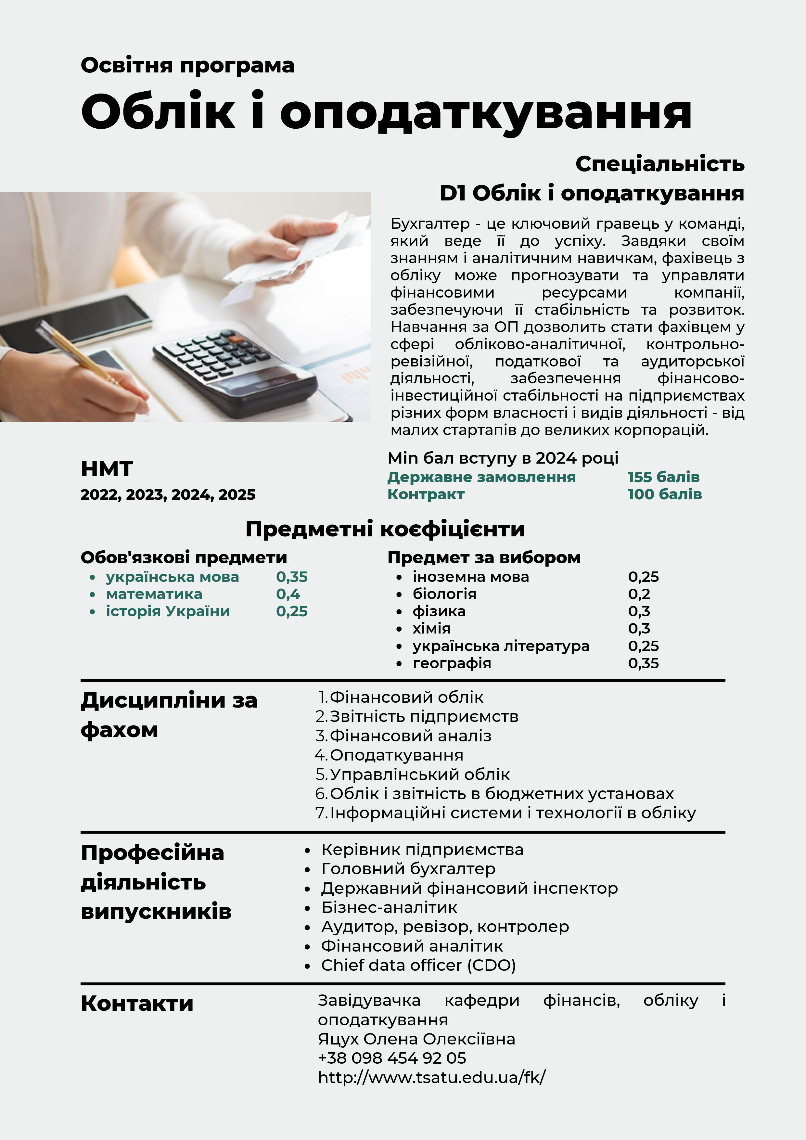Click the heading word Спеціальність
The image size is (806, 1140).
click(x=659, y=164)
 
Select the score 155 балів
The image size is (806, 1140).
click(x=663, y=477)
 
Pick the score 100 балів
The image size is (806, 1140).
click(x=664, y=494)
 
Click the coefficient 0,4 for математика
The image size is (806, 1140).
click(x=288, y=594)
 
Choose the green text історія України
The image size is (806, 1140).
click(x=168, y=611)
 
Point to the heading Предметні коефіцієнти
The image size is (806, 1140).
click(x=385, y=529)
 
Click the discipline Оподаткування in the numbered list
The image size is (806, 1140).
click(x=396, y=755)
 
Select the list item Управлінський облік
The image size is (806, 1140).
click(x=420, y=775)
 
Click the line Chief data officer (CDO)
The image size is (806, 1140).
click(x=418, y=965)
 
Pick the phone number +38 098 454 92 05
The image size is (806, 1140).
click(x=392, y=1058)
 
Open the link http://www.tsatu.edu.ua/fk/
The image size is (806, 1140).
click(x=431, y=1077)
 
